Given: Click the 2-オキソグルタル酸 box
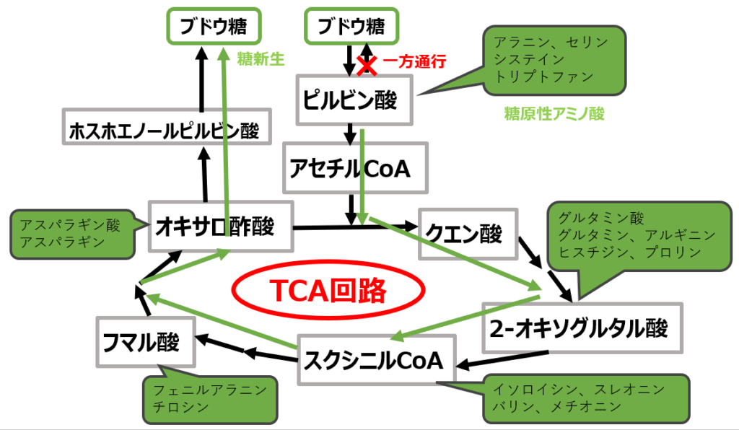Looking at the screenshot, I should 582,328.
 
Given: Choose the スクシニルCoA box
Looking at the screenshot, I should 375,359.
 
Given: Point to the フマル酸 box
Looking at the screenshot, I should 147,341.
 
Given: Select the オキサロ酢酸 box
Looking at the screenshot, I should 219,227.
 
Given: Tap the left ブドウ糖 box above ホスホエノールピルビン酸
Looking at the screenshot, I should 213,27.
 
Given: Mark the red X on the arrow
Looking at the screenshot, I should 367,66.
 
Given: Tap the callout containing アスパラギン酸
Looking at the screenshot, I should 71,233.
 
